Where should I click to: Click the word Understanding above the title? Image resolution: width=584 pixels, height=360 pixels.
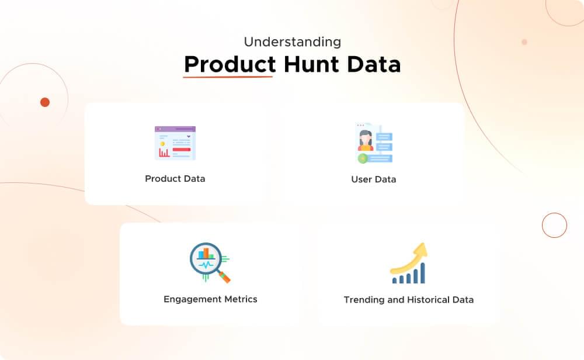(x=292, y=42)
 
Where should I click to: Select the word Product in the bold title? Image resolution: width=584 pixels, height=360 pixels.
(x=230, y=64)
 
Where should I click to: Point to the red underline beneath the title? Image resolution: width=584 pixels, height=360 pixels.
(x=228, y=77)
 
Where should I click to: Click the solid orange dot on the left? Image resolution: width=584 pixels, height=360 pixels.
(x=45, y=102)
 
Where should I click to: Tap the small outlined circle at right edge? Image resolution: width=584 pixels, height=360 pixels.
(x=554, y=225)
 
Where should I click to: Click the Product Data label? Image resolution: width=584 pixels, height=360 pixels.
(x=175, y=179)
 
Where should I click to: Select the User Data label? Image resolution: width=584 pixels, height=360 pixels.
(x=373, y=179)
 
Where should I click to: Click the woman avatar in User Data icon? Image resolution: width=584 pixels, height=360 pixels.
(x=366, y=141)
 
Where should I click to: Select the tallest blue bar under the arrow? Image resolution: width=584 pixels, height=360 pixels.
(x=422, y=272)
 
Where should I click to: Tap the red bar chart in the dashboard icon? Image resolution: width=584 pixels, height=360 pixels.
(x=164, y=153)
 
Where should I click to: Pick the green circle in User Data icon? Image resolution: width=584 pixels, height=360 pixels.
(x=363, y=158)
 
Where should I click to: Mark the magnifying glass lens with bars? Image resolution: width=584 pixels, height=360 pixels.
(x=204, y=257)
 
